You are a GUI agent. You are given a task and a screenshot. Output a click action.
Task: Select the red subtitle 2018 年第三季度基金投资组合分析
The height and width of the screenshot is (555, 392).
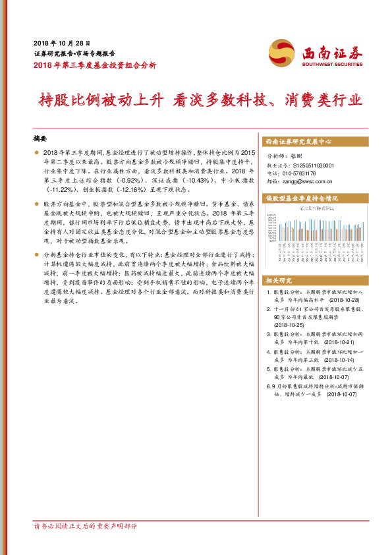pos(95,65)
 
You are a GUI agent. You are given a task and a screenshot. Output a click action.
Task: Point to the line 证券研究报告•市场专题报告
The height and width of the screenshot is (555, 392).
pos(74,53)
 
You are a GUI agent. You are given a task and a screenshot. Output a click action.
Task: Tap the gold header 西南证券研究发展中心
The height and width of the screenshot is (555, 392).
pos(298,142)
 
